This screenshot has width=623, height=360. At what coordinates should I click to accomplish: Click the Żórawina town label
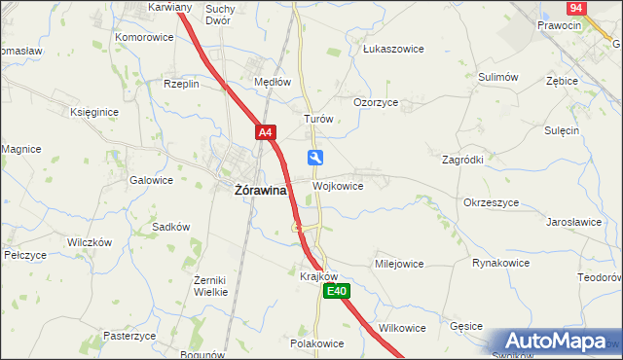coord(260,191)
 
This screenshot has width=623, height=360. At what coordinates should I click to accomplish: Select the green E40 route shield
coord(336,291)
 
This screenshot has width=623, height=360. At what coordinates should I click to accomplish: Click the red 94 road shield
coord(576,7)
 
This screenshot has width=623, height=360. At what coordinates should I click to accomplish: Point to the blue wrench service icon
coord(315,158)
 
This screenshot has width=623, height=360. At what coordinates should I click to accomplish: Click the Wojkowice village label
coord(338,186)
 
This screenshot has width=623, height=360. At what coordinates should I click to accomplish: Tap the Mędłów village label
coord(272,83)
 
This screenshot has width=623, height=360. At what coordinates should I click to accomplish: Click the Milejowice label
coord(399,264)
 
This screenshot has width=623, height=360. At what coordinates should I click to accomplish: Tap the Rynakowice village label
coord(500,263)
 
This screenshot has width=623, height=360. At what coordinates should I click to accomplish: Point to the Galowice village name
coord(151,180)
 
